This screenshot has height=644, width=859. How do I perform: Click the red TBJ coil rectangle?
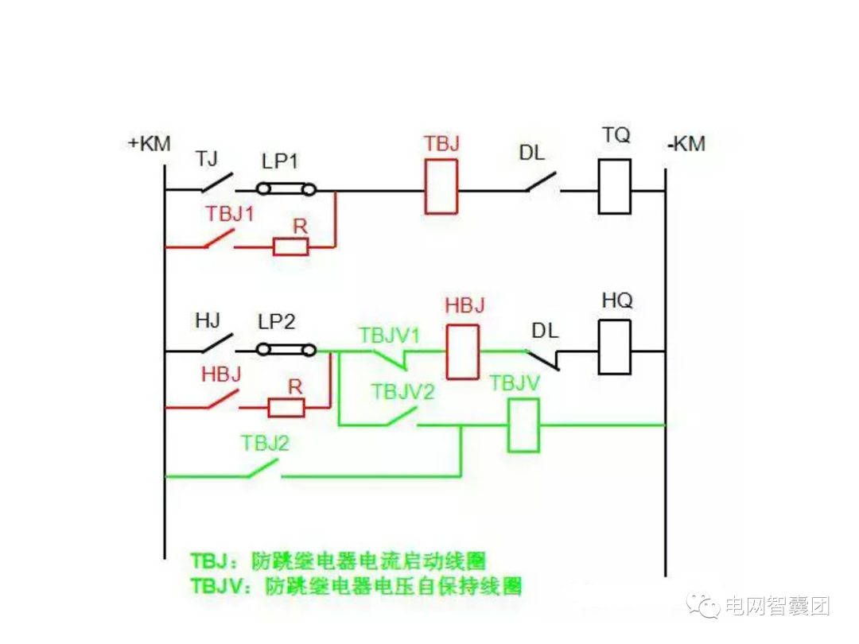click(x=441, y=187)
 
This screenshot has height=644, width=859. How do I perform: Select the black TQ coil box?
click(x=614, y=186)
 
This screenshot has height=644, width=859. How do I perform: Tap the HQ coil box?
click(x=614, y=347)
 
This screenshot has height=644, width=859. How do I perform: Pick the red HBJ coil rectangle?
click(x=462, y=351)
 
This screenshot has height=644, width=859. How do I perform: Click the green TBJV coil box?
click(x=523, y=425)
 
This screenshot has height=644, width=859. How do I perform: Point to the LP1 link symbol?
click(x=286, y=189)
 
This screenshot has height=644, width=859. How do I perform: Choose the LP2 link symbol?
click(x=286, y=349)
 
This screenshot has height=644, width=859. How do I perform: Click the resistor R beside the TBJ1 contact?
click(x=290, y=247)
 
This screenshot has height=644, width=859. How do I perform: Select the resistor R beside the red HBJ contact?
click(x=286, y=409)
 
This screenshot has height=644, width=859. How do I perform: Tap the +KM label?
click(x=149, y=144)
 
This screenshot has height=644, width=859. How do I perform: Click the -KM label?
click(x=686, y=145)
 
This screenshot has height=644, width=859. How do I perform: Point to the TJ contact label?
click(x=207, y=160)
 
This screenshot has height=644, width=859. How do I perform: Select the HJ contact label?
click(x=207, y=321)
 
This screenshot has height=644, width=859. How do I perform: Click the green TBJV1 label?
click(x=389, y=336)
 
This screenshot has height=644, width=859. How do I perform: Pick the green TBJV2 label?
click(x=402, y=391)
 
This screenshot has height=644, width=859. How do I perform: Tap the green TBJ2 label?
click(x=265, y=444)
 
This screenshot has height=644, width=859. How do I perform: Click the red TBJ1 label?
click(x=231, y=214)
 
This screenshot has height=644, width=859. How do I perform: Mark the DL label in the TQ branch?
click(x=532, y=153)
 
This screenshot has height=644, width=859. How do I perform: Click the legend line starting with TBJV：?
click(x=356, y=587)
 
